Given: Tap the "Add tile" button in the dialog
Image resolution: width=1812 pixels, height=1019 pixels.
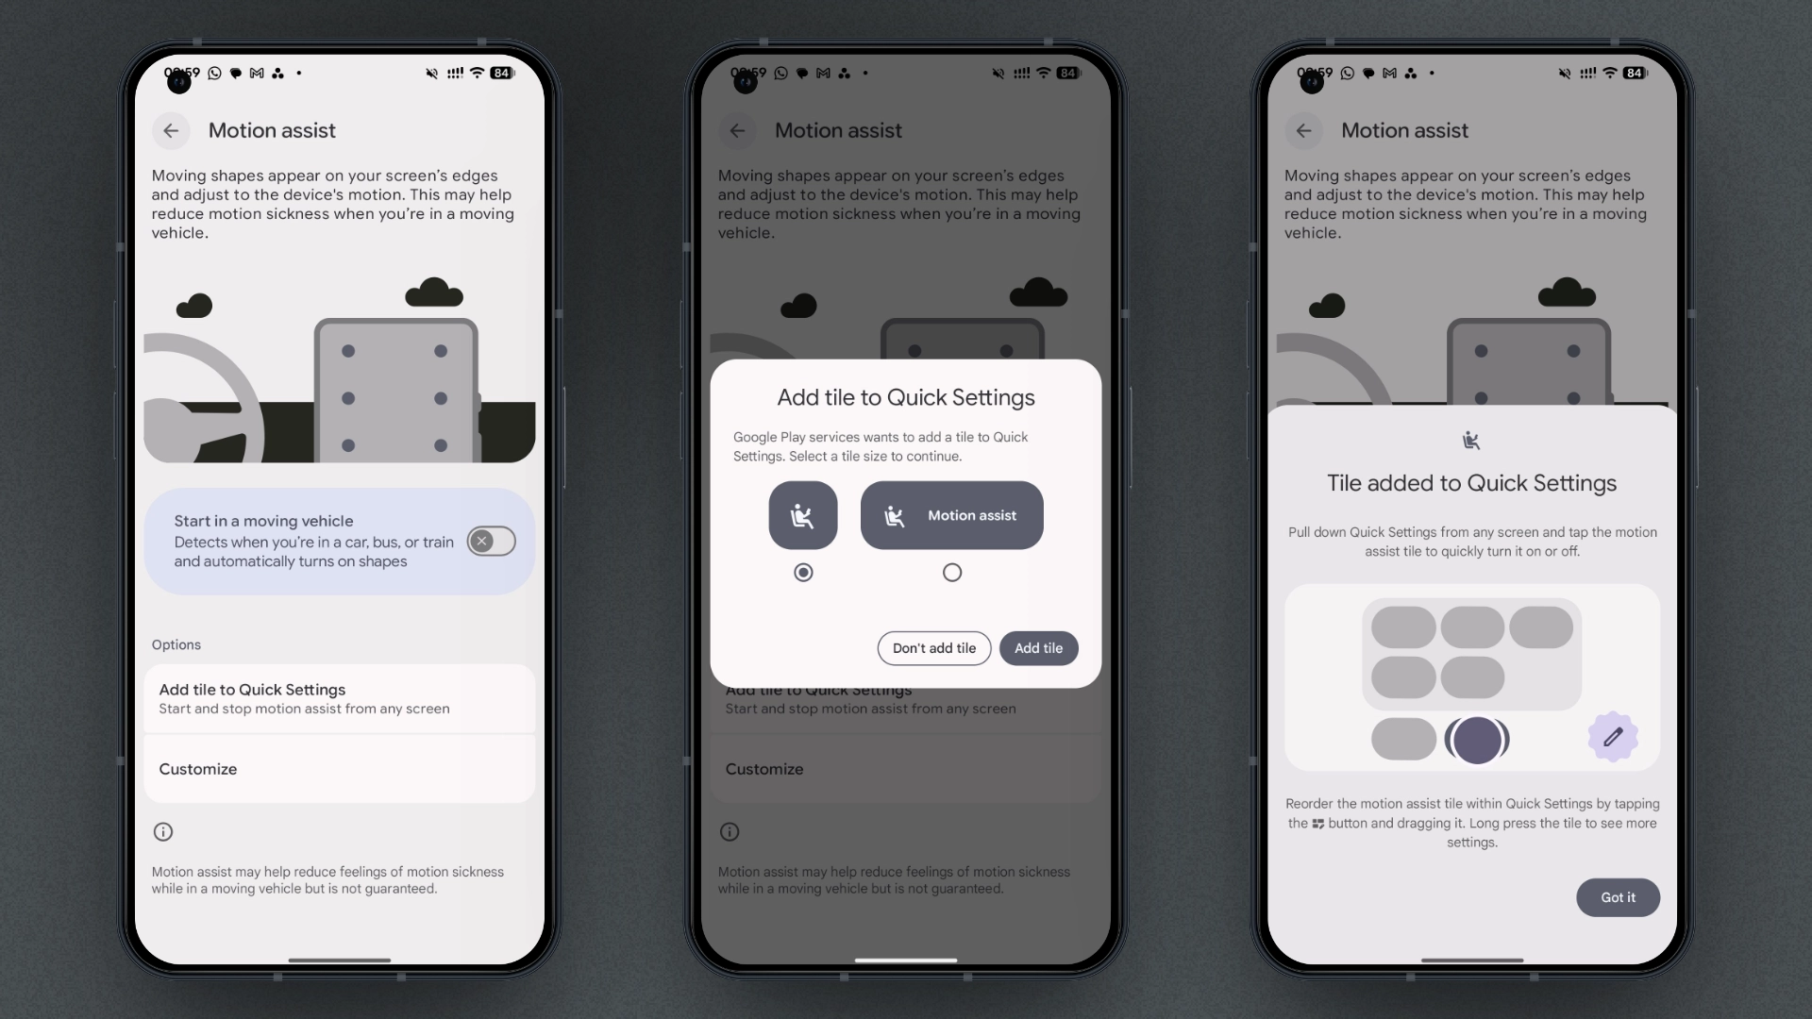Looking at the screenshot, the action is (1038, 648).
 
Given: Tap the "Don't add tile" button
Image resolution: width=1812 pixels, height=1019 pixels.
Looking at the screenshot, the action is (934, 648).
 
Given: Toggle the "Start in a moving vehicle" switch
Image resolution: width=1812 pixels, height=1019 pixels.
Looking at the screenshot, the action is (492, 541).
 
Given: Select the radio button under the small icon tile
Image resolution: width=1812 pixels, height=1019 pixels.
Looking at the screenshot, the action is (803, 573).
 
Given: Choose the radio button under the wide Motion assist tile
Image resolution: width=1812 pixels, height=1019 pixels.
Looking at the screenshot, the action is (952, 573).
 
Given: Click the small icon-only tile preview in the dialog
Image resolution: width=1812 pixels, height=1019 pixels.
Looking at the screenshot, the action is (803, 515).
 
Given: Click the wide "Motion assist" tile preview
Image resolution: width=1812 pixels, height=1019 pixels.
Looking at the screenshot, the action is (952, 515).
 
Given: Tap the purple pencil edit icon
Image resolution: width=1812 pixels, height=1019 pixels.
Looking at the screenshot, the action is (1613, 737).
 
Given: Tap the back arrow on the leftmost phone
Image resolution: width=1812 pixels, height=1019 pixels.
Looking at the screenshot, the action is (171, 130).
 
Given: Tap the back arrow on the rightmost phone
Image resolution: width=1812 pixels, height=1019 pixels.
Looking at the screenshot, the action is (1303, 130).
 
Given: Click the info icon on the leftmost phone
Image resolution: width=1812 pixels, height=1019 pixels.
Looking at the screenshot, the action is (163, 832).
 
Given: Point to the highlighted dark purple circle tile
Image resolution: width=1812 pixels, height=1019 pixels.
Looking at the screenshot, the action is (1477, 740).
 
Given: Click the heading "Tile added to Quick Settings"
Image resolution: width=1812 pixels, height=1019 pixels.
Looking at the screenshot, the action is (1472, 483).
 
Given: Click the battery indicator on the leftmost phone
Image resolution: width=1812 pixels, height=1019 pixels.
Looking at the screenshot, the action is (502, 73).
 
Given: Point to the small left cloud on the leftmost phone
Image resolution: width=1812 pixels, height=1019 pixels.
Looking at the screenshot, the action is (194, 306).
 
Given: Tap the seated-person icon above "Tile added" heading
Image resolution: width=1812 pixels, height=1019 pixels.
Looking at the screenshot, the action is (1471, 440).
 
